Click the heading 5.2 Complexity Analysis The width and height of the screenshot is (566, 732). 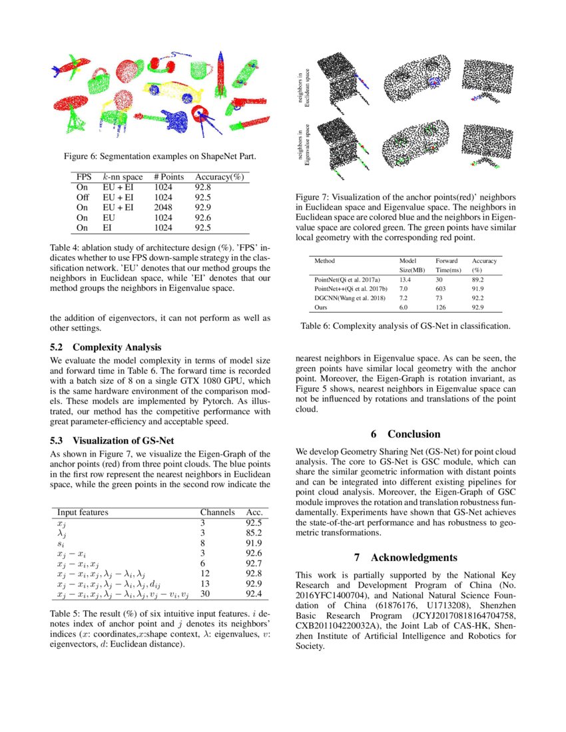pos(106,347)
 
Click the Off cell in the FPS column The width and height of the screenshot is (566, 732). pos(83,198)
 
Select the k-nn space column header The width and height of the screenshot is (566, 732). pos(123,178)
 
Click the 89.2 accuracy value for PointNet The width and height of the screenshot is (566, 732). pos(478,280)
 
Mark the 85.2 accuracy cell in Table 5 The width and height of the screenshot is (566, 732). pos(254,533)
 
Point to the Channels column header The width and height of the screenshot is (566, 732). pos(218,512)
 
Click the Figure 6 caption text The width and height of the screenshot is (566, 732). pos(160,156)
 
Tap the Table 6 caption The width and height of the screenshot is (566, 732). pos(405,326)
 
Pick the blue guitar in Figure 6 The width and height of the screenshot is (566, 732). pos(174,119)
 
